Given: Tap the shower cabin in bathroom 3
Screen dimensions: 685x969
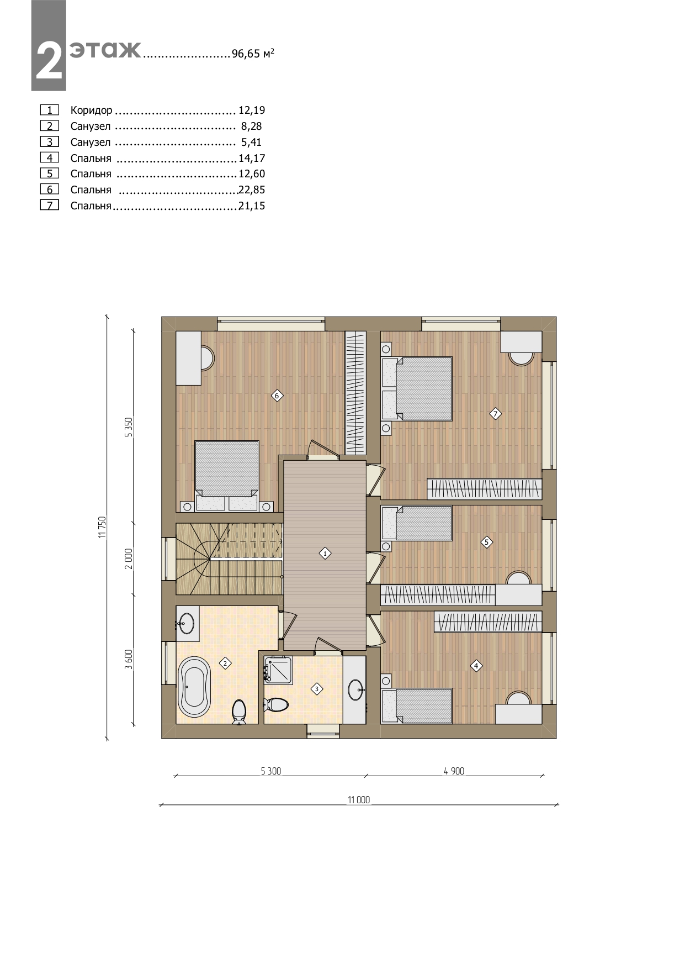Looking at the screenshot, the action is pyautogui.click(x=278, y=670).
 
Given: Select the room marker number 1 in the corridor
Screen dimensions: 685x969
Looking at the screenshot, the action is pyautogui.click(x=325, y=553).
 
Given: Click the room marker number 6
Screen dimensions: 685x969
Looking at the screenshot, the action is pyautogui.click(x=277, y=395).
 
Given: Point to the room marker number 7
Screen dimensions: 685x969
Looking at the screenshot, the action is pyautogui.click(x=495, y=413).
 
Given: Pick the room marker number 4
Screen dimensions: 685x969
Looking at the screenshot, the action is pyautogui.click(x=476, y=666).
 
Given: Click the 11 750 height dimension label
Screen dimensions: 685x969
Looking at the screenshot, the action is pyautogui.click(x=102, y=526).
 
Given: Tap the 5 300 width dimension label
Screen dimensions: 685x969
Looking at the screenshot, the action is pyautogui.click(x=271, y=771).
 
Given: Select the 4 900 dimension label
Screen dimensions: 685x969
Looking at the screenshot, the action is pyautogui.click(x=454, y=771).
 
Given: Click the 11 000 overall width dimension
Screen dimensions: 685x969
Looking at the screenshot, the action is pyautogui.click(x=359, y=799).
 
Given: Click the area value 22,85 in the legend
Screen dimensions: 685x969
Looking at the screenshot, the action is pyautogui.click(x=252, y=189).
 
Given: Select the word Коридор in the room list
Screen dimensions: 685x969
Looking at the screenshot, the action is pyautogui.click(x=91, y=110).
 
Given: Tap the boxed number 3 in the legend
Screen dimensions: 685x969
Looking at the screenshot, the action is pyautogui.click(x=50, y=142).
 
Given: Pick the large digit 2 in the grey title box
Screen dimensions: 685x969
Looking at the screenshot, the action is pyautogui.click(x=49, y=61).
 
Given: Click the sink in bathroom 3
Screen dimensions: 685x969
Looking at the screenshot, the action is pyautogui.click(x=355, y=689).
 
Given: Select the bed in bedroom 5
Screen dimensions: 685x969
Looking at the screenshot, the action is pyautogui.click(x=417, y=523).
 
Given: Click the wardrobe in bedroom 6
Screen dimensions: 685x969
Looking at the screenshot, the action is pyautogui.click(x=355, y=393).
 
